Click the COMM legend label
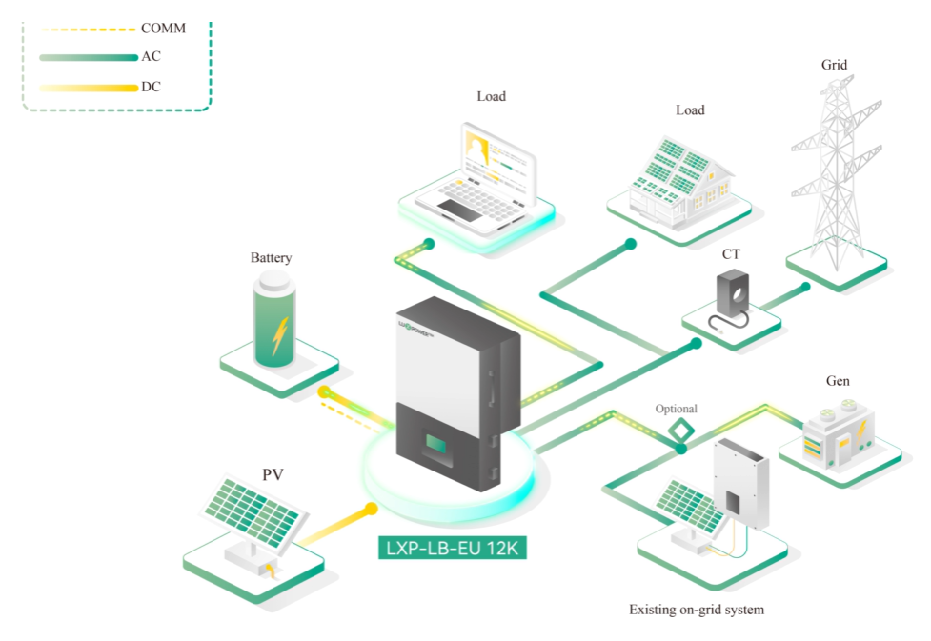click(163, 29)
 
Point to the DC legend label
click(151, 87)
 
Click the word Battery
click(271, 258)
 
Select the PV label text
click(273, 474)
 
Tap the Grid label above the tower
click(834, 66)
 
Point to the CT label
click(731, 254)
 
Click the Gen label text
click(838, 381)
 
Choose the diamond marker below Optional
click(681, 430)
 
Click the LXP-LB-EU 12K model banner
click(452, 549)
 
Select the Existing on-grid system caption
click(697, 609)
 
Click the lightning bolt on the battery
click(278, 334)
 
